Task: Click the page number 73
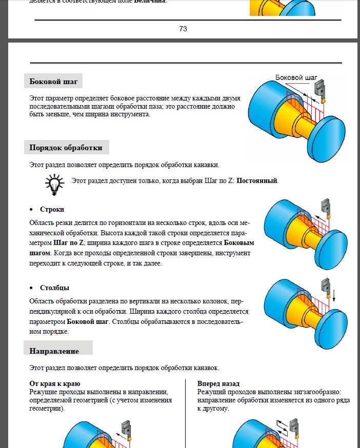(183, 29)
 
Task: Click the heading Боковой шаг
(53, 81)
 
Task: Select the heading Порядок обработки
(66, 148)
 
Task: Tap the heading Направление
(54, 351)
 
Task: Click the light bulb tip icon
(54, 183)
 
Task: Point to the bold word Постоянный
(257, 181)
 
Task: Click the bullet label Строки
(52, 210)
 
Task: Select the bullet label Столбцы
(54, 288)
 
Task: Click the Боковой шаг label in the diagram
(296, 77)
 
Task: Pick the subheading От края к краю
(55, 383)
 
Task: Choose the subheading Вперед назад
(218, 383)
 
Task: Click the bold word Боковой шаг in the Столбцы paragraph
(88, 321)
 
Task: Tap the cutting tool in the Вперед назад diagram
(294, 427)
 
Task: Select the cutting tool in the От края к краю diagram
(126, 428)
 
